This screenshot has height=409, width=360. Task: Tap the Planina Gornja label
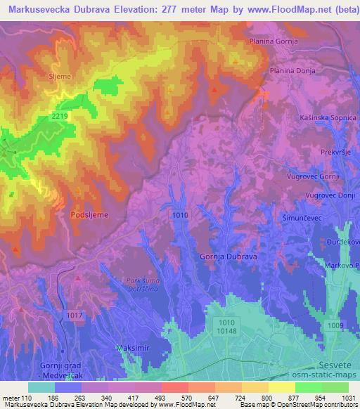tap(274, 42)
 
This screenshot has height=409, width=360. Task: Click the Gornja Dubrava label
tap(229, 257)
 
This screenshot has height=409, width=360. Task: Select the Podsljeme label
tap(90, 215)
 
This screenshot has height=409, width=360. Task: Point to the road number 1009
tap(335, 326)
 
